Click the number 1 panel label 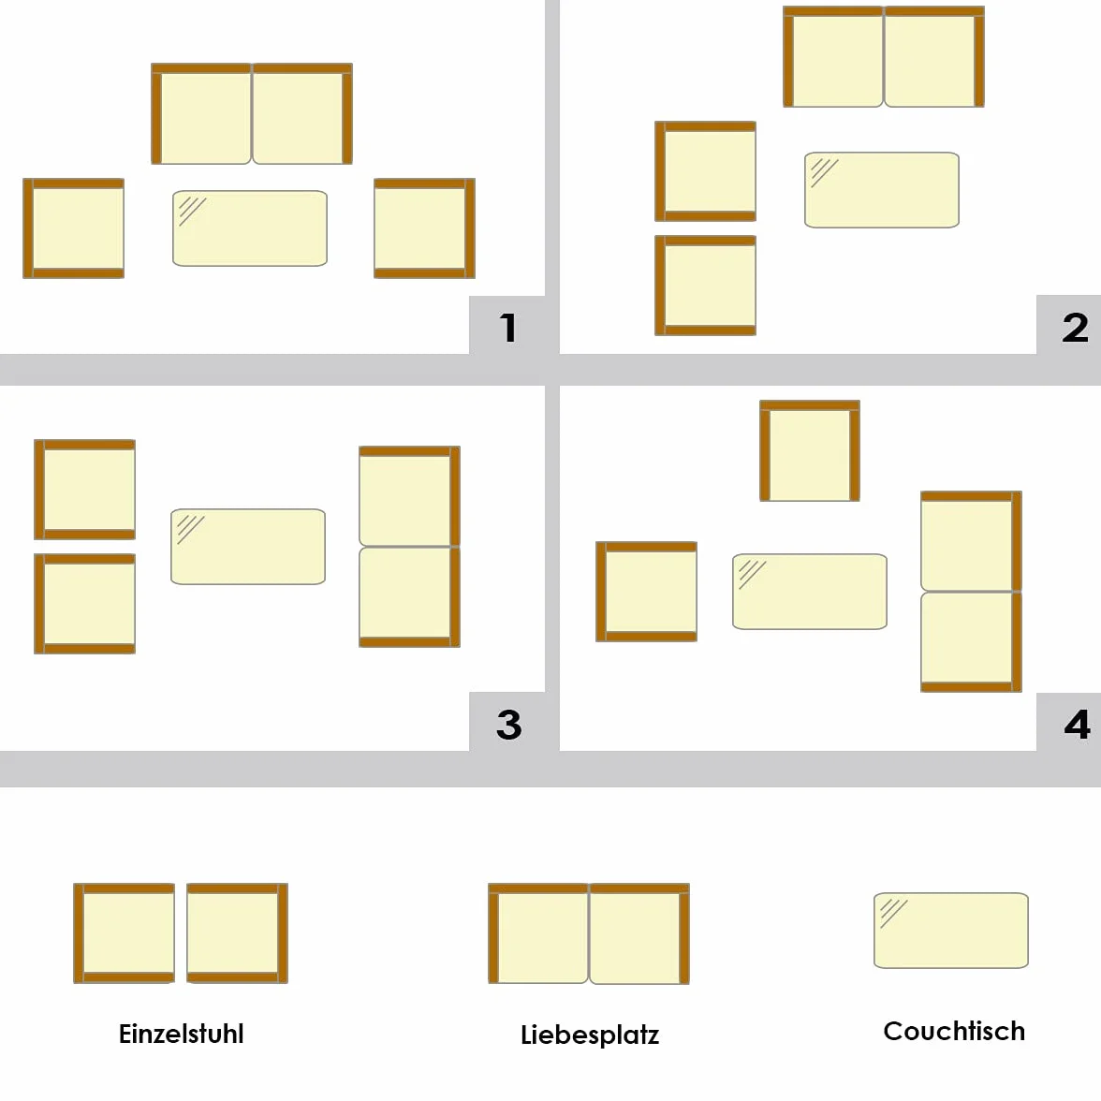click(508, 328)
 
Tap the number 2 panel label click(1075, 328)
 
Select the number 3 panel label click(509, 725)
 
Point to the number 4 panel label click(1077, 725)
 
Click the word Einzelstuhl click(182, 1034)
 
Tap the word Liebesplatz click(590, 1035)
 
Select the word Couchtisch click(954, 1031)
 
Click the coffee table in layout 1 click(250, 228)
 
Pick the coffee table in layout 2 click(882, 189)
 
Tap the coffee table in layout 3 click(248, 547)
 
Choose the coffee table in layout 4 click(810, 592)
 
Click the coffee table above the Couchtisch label click(951, 931)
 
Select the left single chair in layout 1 click(74, 228)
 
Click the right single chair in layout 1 click(425, 228)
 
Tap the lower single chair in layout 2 click(706, 285)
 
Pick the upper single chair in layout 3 click(85, 490)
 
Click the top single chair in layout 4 click(810, 451)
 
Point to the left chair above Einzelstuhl click(125, 933)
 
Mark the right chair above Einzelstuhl click(238, 933)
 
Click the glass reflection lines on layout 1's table click(192, 211)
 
